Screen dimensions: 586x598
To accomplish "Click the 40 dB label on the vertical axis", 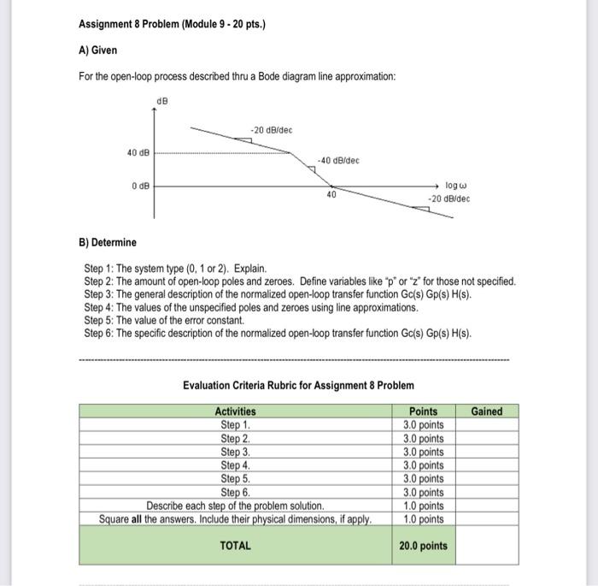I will [x=138, y=153].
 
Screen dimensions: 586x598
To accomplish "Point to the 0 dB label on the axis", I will [x=140, y=185].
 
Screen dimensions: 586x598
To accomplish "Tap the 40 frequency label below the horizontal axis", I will [x=330, y=195].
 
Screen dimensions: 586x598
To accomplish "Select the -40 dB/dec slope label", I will [x=338, y=160].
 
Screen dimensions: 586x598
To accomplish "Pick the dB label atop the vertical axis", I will [x=162, y=102].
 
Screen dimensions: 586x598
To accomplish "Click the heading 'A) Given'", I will [x=97, y=50].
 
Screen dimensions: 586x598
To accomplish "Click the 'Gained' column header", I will [x=486, y=411].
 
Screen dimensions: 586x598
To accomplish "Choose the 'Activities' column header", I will [x=235, y=411].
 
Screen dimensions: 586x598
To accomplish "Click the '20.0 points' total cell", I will [x=423, y=546].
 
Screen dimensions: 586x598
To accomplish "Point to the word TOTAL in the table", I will [x=235, y=545].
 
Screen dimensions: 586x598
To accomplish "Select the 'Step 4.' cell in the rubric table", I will [x=235, y=465].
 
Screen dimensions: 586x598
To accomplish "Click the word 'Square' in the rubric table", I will [x=115, y=518].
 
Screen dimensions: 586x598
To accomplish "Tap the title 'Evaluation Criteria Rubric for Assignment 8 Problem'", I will [x=298, y=385].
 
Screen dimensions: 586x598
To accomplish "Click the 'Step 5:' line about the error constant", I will [x=164, y=320].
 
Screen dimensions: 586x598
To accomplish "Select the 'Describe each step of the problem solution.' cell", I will [x=235, y=505].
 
